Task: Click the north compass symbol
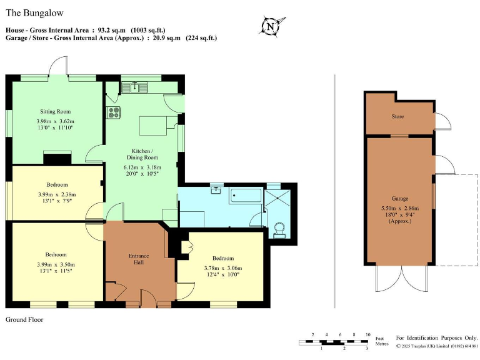270,27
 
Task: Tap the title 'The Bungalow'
34,12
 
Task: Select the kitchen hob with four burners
114,112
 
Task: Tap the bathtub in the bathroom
246,196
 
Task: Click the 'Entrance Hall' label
139,259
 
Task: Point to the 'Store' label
397,117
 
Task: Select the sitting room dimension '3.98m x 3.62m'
55,121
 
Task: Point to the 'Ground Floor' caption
24,320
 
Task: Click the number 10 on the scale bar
367,335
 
